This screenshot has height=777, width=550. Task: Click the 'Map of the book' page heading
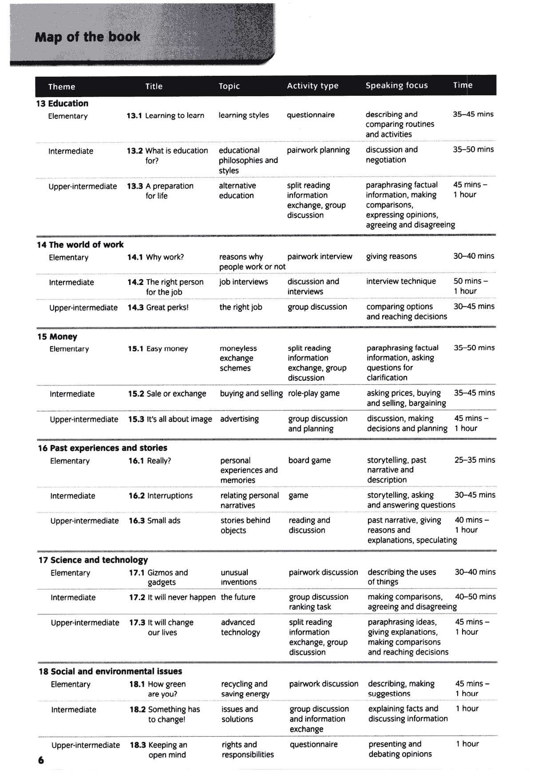click(87, 37)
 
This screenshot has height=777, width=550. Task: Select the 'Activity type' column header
click(313, 86)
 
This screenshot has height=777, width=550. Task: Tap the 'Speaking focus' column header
click(396, 86)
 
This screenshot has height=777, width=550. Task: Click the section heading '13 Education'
click(62, 104)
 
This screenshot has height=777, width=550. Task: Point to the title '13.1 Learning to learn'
click(165, 116)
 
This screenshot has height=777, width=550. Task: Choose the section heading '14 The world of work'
click(80, 245)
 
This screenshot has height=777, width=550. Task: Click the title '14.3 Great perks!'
click(158, 308)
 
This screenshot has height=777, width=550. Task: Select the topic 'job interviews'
click(243, 282)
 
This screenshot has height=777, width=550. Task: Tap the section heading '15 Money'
click(57, 337)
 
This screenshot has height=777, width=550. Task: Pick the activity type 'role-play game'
click(314, 393)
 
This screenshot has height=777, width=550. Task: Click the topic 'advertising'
click(239, 419)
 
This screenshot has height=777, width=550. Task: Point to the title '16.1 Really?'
click(150, 461)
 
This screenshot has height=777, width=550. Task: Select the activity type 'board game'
click(309, 461)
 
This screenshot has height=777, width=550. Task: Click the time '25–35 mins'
click(475, 460)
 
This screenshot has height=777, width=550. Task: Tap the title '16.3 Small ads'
click(154, 521)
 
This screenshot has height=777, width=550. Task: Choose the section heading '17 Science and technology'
click(93, 560)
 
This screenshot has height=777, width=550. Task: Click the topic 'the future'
click(238, 597)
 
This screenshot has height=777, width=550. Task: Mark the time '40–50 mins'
click(475, 597)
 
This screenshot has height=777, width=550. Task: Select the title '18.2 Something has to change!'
click(165, 715)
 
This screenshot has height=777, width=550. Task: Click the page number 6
click(41, 761)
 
